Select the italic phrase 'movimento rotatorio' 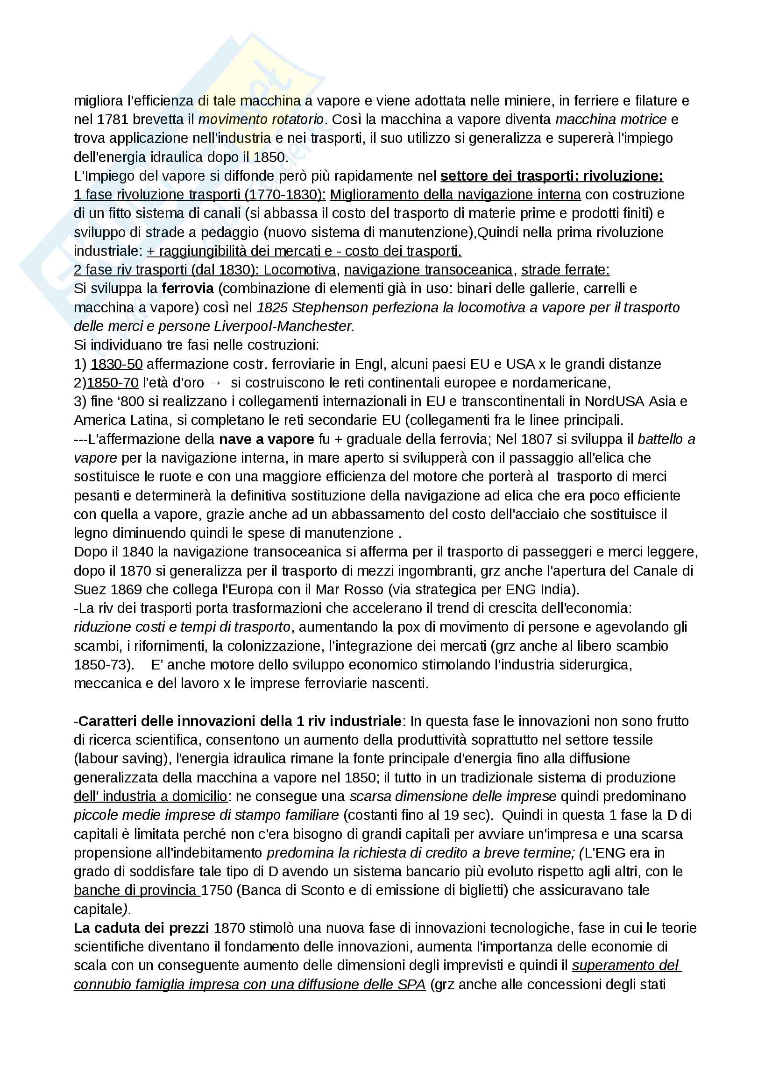pos(261,120)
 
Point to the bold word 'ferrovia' pos(188,289)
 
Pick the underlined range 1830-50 pos(117,364)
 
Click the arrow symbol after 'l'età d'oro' pos(215,383)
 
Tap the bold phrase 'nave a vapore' pos(266,439)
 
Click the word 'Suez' pos(91,590)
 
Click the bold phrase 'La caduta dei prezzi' pos(141,928)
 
